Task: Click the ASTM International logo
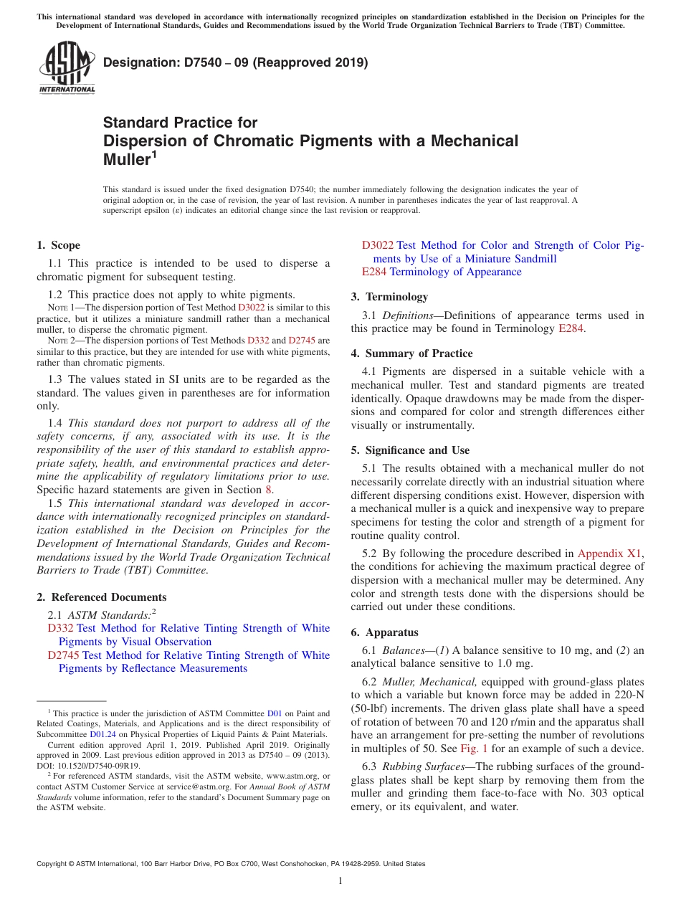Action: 67,67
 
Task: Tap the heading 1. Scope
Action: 59,245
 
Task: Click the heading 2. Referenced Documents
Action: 102,597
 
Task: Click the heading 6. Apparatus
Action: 384,632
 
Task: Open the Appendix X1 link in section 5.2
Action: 610,554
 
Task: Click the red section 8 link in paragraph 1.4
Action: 269,490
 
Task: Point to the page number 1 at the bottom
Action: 340,881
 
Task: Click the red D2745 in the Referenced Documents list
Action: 64,655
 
